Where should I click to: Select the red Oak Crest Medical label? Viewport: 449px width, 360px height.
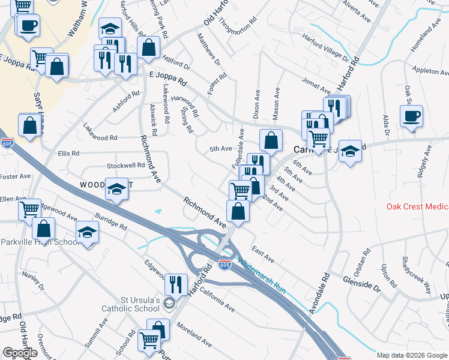pos(417,207)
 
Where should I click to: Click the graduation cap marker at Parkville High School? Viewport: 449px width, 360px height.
pos(88,232)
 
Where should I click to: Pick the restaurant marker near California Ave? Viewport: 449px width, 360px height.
pos(176,284)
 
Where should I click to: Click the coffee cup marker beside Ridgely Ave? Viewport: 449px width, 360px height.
pos(411,116)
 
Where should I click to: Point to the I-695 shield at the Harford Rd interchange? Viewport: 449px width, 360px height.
pos(223,265)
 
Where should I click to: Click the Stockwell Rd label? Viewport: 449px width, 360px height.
pos(126,165)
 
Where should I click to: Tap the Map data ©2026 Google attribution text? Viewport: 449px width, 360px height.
pos(412,355)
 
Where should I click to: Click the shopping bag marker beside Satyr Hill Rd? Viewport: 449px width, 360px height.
pos(30,125)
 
